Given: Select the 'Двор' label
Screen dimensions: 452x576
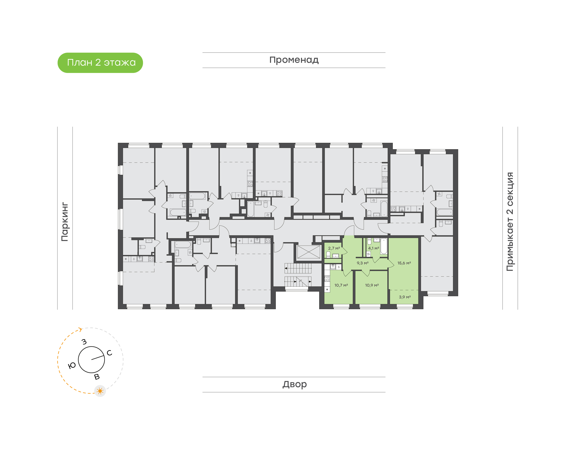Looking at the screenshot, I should (294, 384).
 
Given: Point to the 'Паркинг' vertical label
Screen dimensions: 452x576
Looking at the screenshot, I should (65, 222).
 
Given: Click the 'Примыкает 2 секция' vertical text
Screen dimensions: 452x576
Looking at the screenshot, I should (510, 222).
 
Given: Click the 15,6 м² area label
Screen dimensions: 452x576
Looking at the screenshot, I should (404, 263).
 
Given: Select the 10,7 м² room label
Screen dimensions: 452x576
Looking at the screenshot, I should (341, 285).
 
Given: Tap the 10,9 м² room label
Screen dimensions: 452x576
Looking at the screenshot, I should (372, 285).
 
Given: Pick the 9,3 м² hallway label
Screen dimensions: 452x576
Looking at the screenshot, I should (362, 263).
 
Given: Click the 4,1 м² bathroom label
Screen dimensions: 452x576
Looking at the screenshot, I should (374, 248).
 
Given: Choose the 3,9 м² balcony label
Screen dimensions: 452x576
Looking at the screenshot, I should (405, 297).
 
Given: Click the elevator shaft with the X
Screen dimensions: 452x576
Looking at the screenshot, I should (309, 252).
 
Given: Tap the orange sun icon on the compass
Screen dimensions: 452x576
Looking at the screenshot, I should (100, 391).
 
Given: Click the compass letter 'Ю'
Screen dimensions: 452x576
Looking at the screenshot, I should (72, 366).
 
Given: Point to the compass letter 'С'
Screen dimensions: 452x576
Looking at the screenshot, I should (109, 353).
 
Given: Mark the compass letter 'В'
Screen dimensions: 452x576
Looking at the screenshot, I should (97, 377).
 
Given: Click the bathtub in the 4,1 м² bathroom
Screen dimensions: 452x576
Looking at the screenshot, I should (384, 246).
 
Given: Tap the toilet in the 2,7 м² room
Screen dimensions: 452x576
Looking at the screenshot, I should (328, 255).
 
